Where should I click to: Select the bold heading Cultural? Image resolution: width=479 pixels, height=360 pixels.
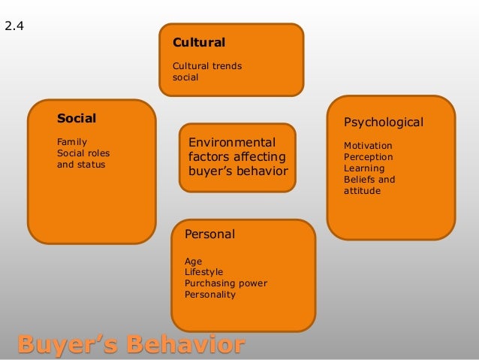(x=199, y=42)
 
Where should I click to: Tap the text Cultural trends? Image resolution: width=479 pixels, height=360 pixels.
(x=207, y=66)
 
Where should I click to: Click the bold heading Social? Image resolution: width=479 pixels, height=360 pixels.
(x=77, y=118)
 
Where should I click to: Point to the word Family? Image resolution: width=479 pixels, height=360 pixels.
(x=72, y=141)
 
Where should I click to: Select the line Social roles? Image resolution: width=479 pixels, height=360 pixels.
(x=83, y=153)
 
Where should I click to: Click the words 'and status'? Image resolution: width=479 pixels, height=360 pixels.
(x=81, y=164)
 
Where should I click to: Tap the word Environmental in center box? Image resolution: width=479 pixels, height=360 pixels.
(x=232, y=142)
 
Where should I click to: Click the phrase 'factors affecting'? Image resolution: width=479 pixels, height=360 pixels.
(x=236, y=156)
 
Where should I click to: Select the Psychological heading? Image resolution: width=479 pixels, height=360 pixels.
(x=383, y=122)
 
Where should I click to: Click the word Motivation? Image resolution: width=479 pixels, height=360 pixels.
(x=368, y=145)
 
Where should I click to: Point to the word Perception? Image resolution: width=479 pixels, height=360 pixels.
(x=368, y=157)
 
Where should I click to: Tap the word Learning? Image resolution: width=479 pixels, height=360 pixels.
(x=363, y=168)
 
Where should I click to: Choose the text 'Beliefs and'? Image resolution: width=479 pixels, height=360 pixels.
(x=369, y=180)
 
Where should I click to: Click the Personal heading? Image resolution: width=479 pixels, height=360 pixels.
(x=209, y=234)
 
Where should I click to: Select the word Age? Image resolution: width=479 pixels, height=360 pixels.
(x=193, y=261)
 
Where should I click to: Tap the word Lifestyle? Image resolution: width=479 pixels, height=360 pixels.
(x=203, y=272)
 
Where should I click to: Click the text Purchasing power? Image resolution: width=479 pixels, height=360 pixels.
(x=225, y=283)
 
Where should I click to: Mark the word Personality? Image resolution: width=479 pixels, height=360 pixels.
(x=209, y=295)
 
